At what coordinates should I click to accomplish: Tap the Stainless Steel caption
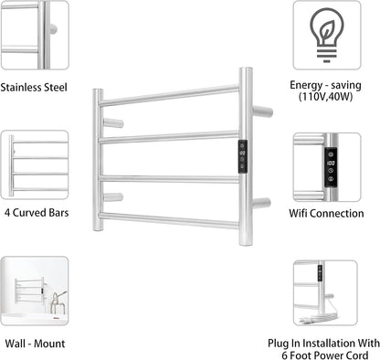point(34,88)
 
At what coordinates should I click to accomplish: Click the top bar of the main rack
point(170,95)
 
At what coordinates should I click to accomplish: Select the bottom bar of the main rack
point(170,219)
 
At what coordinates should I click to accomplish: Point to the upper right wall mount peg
point(262,111)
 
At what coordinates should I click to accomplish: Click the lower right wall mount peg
point(262,202)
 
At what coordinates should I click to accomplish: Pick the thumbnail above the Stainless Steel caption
point(34,35)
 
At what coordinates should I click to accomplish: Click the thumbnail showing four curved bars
point(34,164)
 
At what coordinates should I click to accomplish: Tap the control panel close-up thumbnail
point(327,164)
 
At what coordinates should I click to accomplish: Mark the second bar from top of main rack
point(170,137)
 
